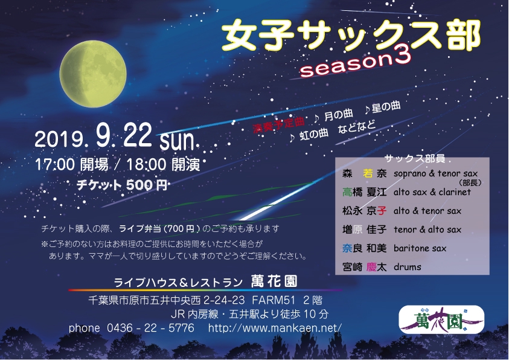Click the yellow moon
pyautogui.click(x=93, y=74)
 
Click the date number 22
pyautogui.click(x=137, y=136)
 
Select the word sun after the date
pyautogui.click(x=178, y=140)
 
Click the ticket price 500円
pyautogui.click(x=147, y=185)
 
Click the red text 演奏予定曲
pyautogui.click(x=278, y=125)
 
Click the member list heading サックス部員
pyautogui.click(x=415, y=158)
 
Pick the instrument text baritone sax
pyautogui.click(x=420, y=248)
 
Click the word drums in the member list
pyautogui.click(x=408, y=267)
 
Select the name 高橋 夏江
pyautogui.click(x=364, y=192)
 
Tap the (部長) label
pyautogui.click(x=470, y=183)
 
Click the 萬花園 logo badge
pyautogui.click(x=441, y=320)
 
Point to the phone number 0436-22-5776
pyautogui.click(x=150, y=328)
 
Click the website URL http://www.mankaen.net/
pyautogui.click(x=275, y=328)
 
